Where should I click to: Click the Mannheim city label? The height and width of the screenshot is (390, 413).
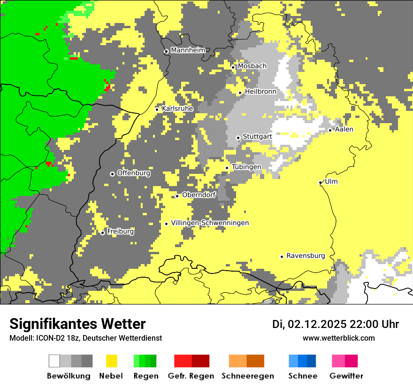(188, 50)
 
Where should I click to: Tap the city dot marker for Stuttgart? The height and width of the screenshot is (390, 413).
(238, 138)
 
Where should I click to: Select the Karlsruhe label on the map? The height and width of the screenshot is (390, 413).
(177, 109)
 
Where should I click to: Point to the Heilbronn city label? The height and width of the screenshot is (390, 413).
(260, 92)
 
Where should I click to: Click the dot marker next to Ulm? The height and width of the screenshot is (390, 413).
(320, 182)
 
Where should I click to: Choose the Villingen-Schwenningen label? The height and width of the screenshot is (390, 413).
(210, 223)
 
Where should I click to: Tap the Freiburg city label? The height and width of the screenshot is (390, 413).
(120, 232)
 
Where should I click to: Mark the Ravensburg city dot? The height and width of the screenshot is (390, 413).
(282, 257)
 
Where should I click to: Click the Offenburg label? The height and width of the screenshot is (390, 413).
(133, 173)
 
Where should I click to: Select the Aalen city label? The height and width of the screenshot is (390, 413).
(344, 129)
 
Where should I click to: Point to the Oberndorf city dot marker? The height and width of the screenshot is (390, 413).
(177, 196)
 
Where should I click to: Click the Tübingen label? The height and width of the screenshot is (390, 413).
(246, 167)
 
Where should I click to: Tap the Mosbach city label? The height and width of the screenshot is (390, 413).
(252, 66)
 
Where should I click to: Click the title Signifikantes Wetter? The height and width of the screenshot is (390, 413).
(77, 324)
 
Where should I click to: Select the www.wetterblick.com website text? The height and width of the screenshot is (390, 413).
(338, 338)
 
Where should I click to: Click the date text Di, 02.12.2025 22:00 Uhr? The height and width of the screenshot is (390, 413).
(335, 324)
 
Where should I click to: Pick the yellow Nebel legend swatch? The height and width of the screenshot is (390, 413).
(112, 361)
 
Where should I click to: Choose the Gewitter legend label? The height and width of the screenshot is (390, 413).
(346, 376)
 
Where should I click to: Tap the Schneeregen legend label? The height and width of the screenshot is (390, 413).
(247, 376)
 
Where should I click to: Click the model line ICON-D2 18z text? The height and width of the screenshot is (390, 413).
(85, 338)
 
